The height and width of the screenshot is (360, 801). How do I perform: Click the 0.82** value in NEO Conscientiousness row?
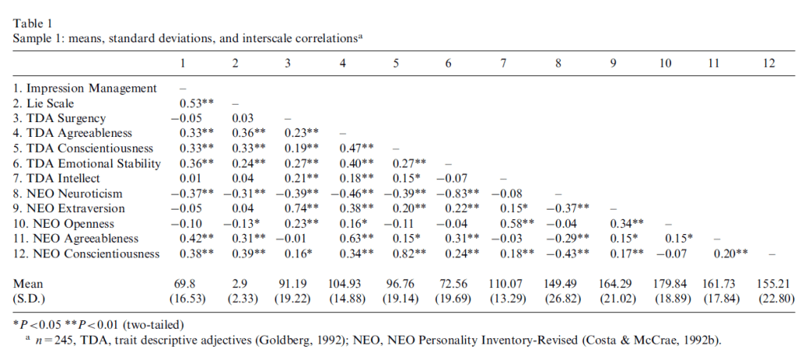tap(404, 253)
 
